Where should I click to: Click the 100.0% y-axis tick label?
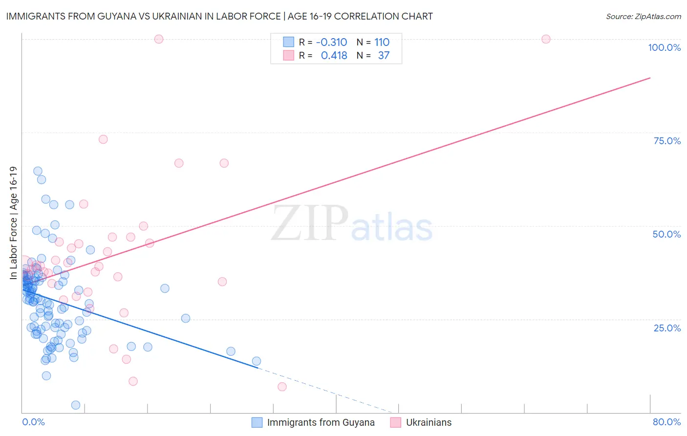pyautogui.click(x=664, y=47)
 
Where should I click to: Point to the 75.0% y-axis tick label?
pyautogui.click(x=667, y=141)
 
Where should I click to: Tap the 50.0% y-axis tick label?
pyautogui.click(x=666, y=234)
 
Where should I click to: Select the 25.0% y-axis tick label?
pyautogui.click(x=667, y=328)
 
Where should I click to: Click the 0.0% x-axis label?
pyautogui.click(x=33, y=422)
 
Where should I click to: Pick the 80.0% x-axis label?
pyautogui.click(x=666, y=422)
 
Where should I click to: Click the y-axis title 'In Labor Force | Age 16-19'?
pyautogui.click(x=13, y=223)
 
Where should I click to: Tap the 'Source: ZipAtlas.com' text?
pyautogui.click(x=643, y=16)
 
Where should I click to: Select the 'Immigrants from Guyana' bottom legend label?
pyautogui.click(x=321, y=422)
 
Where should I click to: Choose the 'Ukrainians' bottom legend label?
pyautogui.click(x=429, y=422)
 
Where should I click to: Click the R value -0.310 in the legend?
pyautogui.click(x=331, y=43)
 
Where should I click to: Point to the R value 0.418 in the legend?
pyautogui.click(x=334, y=56)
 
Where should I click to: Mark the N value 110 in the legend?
pyautogui.click(x=382, y=43)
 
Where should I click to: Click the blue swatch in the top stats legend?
pyautogui.click(x=289, y=43)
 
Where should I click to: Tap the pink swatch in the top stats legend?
pyautogui.click(x=289, y=56)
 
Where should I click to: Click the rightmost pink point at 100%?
pyautogui.click(x=546, y=39)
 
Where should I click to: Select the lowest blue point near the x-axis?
pyautogui.click(x=76, y=405)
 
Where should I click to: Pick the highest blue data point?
pyautogui.click(x=38, y=171)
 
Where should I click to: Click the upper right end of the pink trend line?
pyautogui.click(x=650, y=78)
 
